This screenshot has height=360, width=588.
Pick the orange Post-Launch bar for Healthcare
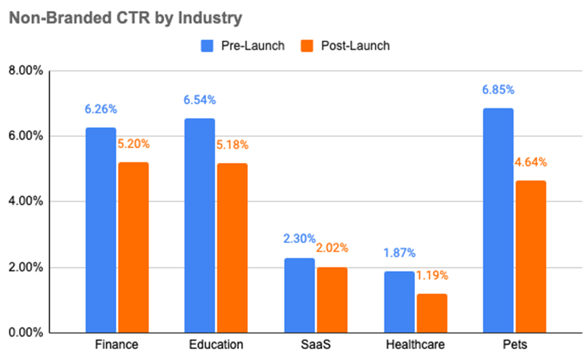click(432, 313)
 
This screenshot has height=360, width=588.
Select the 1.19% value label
click(432, 275)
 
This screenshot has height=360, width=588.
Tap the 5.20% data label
click(133, 143)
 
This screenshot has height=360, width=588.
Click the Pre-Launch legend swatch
click(207, 46)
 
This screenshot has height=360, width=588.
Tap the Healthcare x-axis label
click(415, 344)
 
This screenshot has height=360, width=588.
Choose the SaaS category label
click(315, 344)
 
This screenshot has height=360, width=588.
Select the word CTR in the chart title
click(125, 18)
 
